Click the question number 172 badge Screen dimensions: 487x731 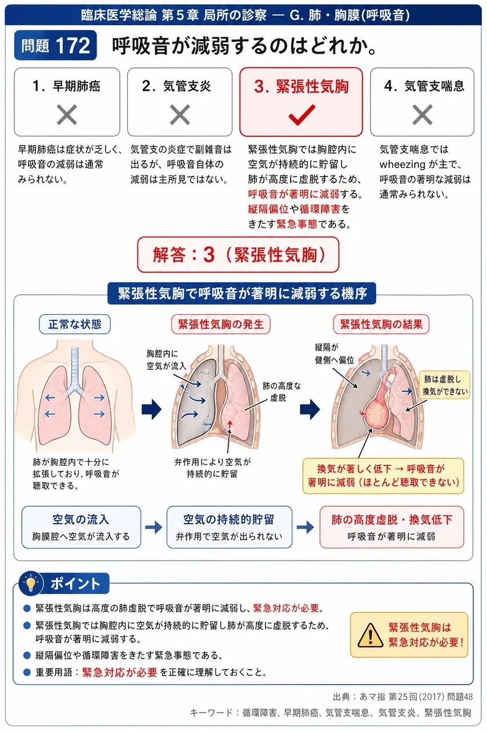(55, 45)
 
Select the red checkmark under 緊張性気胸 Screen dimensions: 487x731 (301, 115)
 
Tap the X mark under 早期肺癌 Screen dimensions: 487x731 (67, 115)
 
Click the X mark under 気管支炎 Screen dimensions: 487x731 (180, 115)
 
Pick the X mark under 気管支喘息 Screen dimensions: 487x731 (422, 115)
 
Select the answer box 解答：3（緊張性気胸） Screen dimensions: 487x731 (238, 255)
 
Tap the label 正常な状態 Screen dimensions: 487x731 (75, 324)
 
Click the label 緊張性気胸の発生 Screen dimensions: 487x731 (221, 324)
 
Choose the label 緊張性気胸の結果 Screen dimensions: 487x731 (381, 324)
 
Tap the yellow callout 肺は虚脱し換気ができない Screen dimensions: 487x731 (444, 385)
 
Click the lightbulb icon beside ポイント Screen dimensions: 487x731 (31, 583)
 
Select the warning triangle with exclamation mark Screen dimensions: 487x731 (370, 634)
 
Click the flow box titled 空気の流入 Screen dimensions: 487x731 (81, 527)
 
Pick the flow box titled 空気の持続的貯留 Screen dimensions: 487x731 (230, 527)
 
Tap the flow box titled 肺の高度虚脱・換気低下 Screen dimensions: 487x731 (392, 527)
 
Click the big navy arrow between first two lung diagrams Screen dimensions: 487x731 (151, 409)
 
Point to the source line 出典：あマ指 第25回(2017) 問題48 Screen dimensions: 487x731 (403, 697)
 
